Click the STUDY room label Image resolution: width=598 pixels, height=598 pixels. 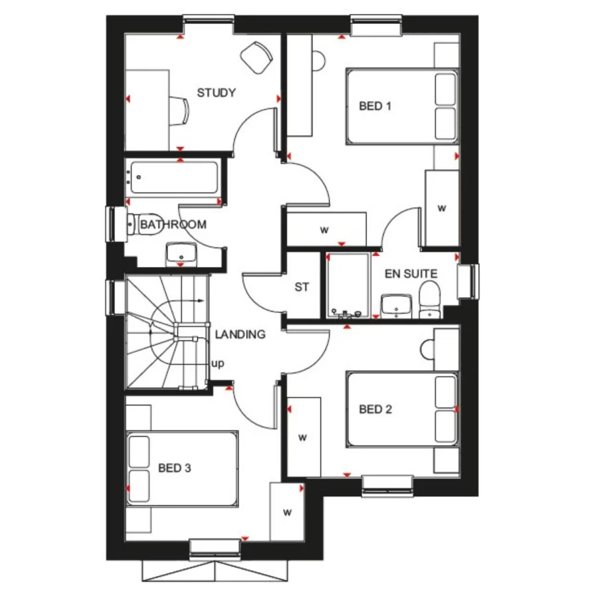coord(216,93)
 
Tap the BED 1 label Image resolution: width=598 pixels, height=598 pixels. coord(375,106)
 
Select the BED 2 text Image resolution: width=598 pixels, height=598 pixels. coord(375,409)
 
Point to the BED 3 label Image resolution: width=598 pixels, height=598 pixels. coord(175,468)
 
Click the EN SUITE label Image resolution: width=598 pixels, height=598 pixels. coord(411,274)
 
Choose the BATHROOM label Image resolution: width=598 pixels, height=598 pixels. coord(173,225)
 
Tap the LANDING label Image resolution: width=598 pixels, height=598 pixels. coord(240,334)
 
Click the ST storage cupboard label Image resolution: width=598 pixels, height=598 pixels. coord(302,288)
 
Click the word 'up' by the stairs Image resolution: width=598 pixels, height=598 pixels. coord(217,364)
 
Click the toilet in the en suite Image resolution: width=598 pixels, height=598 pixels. coord(430,299)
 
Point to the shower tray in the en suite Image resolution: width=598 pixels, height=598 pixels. coord(348,284)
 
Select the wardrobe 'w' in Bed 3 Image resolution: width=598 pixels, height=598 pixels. coord(288,512)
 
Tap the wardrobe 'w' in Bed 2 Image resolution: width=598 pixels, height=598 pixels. coord(303,437)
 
